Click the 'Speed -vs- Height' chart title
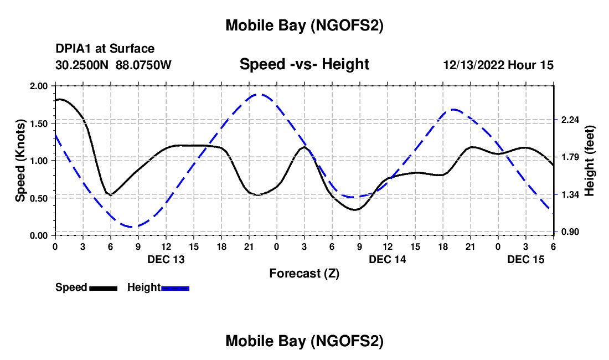[304, 64]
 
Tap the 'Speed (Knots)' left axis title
[20, 161]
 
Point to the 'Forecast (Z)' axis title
[304, 273]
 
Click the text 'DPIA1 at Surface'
[105, 49]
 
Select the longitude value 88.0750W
[144, 65]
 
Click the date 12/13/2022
[473, 65]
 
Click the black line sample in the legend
[103, 287]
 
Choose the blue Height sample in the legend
[176, 287]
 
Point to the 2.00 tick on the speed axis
[40, 86]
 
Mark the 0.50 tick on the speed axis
[40, 198]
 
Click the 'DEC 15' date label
[526, 259]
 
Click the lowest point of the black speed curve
[355, 210]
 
